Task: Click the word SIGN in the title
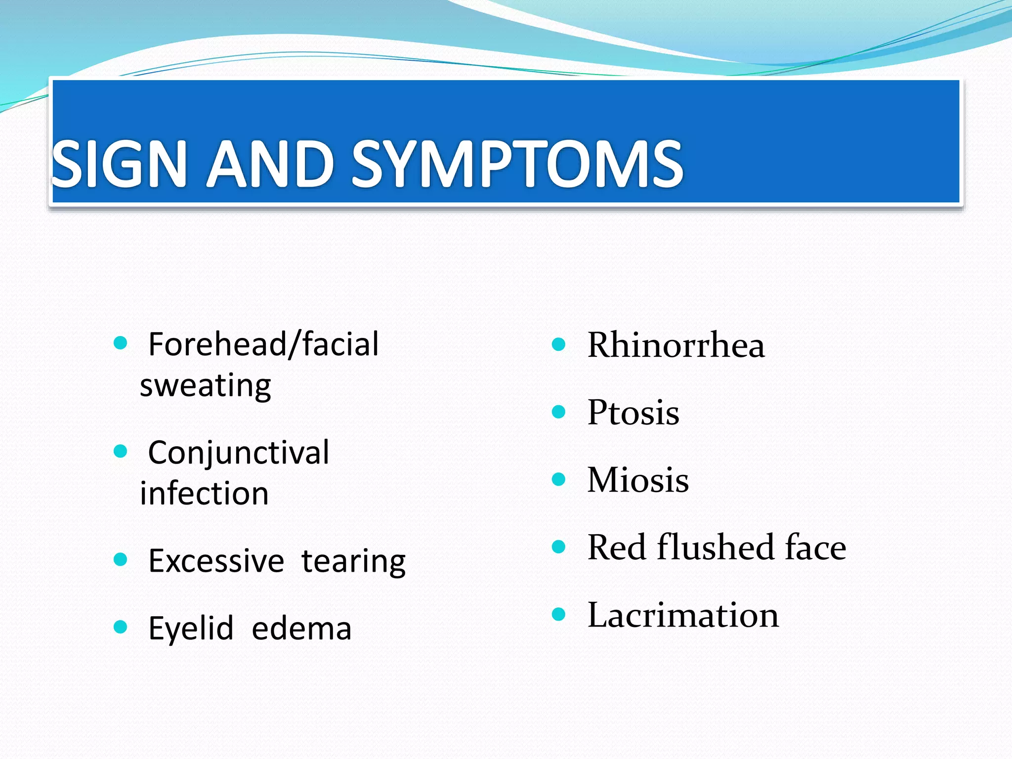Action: coord(119,164)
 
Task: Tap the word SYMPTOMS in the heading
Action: coord(517,164)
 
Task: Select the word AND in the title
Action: coord(268,164)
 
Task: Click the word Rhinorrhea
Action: coord(675,345)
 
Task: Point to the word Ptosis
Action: coord(633,412)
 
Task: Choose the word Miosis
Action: coord(637,480)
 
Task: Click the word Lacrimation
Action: coord(683,615)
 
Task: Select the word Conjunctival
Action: coord(239,453)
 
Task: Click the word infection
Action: coord(204,494)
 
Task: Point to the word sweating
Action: coord(206,386)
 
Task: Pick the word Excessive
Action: coord(216,561)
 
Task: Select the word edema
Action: coord(301,629)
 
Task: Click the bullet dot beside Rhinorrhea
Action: coord(558,344)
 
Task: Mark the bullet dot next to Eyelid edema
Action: coord(120,627)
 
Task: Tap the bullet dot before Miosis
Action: coord(558,479)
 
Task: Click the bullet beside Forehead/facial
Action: coord(120,343)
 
